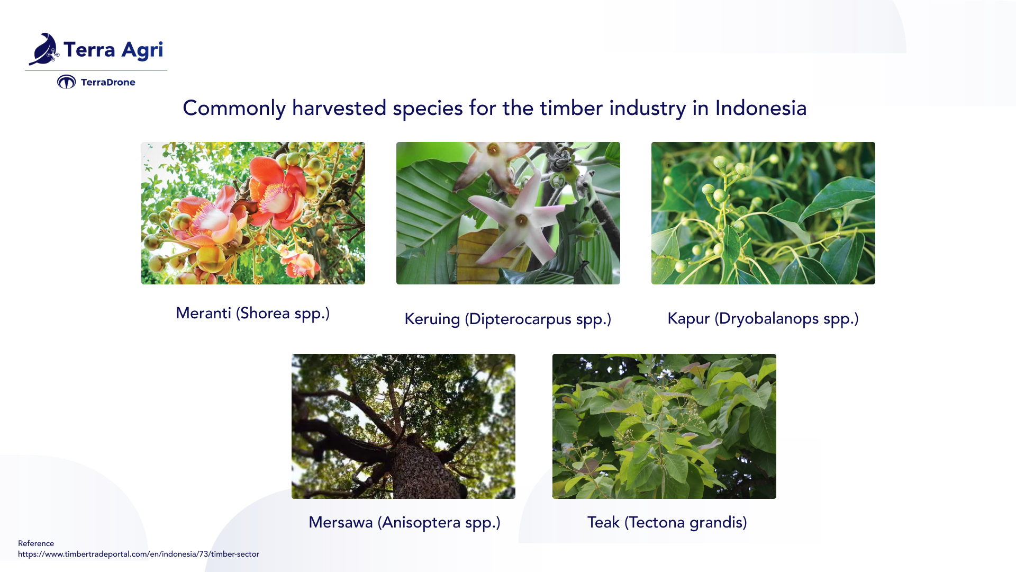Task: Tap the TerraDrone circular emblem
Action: point(67,82)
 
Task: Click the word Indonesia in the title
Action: point(760,109)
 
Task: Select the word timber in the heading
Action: point(570,109)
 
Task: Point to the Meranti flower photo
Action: point(253,213)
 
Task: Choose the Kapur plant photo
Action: point(763,213)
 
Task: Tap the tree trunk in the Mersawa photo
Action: point(423,466)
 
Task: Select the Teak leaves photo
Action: point(664,426)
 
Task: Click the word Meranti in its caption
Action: point(203,313)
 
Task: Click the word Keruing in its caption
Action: point(432,319)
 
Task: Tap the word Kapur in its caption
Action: point(688,318)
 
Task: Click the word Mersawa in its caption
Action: point(340,522)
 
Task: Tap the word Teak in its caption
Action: point(603,522)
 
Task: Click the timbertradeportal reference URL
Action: point(139,554)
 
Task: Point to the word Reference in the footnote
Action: point(36,543)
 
